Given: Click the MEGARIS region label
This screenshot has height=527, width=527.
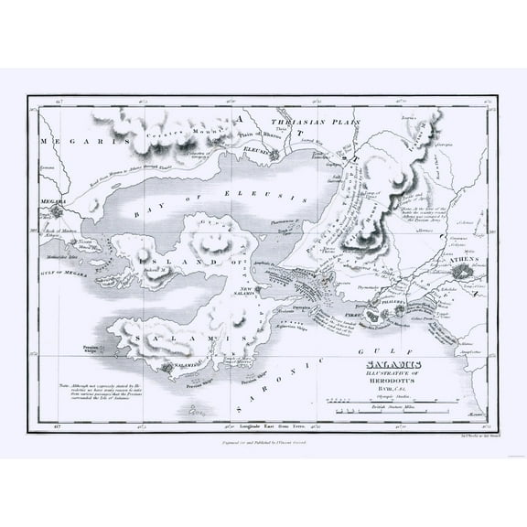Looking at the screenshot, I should [x=68, y=142].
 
